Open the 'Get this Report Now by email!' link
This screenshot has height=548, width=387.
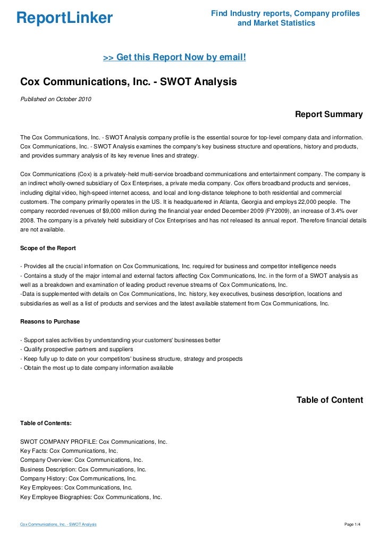[174, 57]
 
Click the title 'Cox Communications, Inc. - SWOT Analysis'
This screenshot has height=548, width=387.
[128, 82]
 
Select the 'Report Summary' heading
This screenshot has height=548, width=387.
[329, 114]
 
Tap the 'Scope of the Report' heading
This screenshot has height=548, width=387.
[48, 248]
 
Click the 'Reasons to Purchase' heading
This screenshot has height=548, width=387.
[50, 321]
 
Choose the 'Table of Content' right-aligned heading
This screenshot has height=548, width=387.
[330, 400]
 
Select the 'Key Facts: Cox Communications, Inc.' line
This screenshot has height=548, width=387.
[69, 451]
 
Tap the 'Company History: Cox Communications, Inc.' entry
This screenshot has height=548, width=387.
[78, 478]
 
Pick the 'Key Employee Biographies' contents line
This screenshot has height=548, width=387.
[91, 496]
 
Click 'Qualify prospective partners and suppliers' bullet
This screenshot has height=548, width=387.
[77, 350]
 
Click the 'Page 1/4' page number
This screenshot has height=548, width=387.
[353, 525]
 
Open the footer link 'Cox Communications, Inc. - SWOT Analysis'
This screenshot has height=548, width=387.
[58, 525]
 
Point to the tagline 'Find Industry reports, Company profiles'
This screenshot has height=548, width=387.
[285, 13]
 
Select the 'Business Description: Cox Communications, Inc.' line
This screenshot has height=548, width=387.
[83, 469]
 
